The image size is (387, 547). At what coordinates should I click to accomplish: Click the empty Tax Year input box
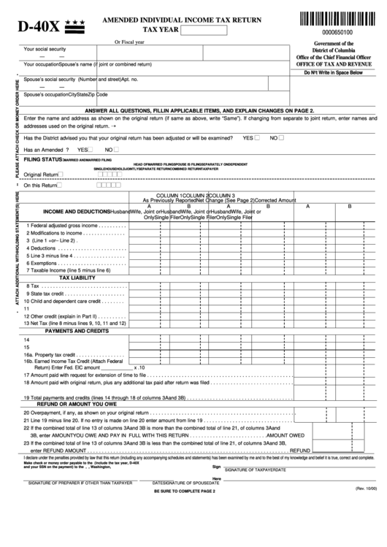202,30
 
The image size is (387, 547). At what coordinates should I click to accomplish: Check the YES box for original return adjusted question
259,137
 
